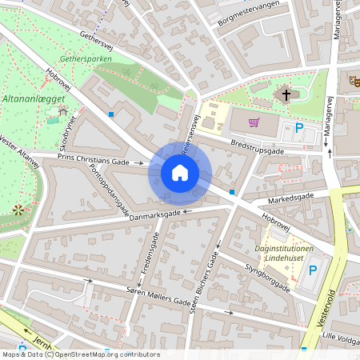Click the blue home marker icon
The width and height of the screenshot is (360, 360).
[180, 172]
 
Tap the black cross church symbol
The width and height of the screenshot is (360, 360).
[284, 95]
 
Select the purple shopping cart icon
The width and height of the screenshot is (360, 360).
[254, 122]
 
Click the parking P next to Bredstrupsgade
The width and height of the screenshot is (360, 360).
[300, 127]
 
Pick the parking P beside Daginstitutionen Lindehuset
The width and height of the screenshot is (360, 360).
[313, 270]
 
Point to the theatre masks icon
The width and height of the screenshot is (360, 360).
[354, 81]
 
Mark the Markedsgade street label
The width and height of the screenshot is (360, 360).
[279, 196]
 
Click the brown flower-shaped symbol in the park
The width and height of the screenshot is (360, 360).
[18, 211]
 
